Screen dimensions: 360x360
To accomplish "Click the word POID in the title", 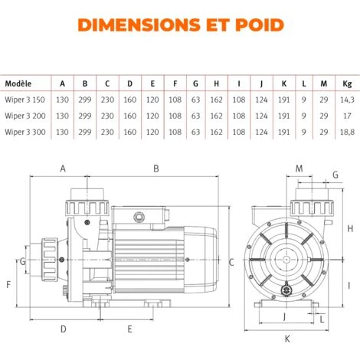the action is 260,25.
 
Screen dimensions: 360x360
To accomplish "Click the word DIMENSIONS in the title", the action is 139,25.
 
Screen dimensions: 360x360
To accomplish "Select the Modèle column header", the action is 18,83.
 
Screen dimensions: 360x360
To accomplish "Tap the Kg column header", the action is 347,83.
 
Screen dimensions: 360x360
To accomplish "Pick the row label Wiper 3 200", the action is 25,116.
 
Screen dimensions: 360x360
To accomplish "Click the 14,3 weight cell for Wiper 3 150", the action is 347,100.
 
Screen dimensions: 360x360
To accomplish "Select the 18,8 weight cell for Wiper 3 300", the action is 347,132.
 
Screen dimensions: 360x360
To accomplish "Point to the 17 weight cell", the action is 347,116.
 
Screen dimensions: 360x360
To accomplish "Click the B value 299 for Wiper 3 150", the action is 85,100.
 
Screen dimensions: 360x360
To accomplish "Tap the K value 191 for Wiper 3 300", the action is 284,132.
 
